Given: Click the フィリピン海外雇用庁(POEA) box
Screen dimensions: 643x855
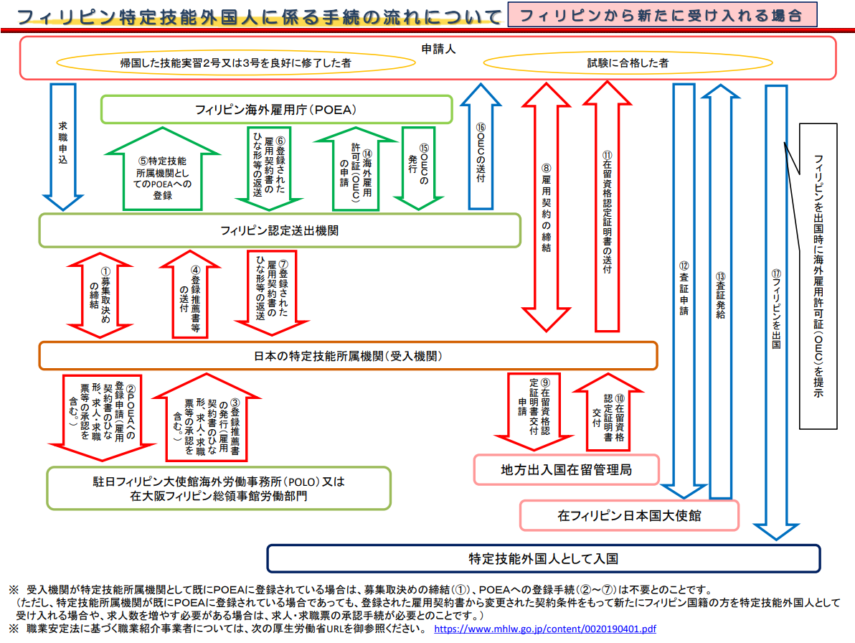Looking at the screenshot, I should click(x=276, y=110).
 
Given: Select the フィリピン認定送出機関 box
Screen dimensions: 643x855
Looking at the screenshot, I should click(x=279, y=230).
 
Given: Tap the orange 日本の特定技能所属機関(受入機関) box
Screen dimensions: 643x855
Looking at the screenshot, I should click(x=348, y=355).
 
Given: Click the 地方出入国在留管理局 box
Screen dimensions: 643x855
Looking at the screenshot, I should click(x=566, y=470).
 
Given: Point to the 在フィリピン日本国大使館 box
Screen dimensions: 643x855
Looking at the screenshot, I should click(x=629, y=515).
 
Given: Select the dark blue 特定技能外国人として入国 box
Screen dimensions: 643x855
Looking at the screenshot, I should click(x=543, y=558).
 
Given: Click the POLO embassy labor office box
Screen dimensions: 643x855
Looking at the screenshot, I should click(x=219, y=488).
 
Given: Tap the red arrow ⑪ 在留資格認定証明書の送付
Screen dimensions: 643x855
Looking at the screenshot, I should click(x=607, y=208).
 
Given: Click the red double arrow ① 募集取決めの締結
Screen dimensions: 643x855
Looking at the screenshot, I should click(x=95, y=294).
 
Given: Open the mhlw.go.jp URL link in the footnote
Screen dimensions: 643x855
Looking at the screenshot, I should click(x=544, y=629).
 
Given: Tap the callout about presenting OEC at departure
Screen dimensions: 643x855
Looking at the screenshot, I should click(x=818, y=276).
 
